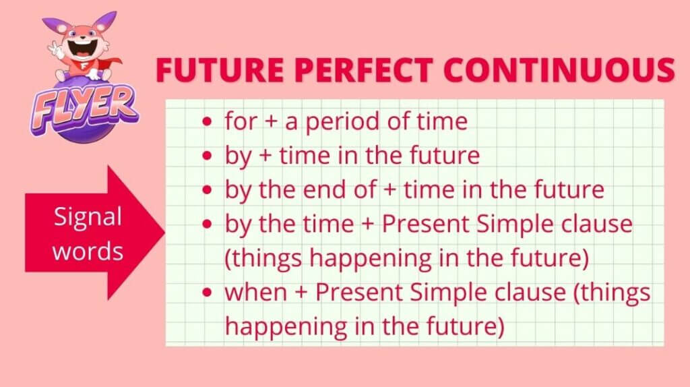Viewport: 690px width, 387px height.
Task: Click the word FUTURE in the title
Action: click(x=220, y=69)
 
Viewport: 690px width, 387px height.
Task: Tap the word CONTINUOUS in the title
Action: click(x=559, y=69)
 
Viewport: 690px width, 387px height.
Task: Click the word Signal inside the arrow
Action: click(x=88, y=218)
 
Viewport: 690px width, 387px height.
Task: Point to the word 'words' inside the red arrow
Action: click(x=88, y=251)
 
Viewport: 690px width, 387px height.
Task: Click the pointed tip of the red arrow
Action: click(x=164, y=233)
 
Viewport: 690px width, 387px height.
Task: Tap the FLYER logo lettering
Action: click(x=84, y=109)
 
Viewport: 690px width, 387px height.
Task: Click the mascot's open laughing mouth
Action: click(x=82, y=48)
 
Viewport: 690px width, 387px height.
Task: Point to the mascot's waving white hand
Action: click(x=56, y=49)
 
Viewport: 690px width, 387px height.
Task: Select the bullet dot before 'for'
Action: click(x=207, y=121)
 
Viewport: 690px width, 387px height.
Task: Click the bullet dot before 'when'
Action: click(x=207, y=293)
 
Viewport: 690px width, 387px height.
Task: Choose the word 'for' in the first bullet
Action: click(x=241, y=121)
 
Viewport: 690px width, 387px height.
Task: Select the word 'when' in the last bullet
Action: click(x=255, y=292)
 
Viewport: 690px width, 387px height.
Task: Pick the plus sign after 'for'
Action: click(x=271, y=122)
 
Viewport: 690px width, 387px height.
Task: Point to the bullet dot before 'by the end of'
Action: click(x=207, y=190)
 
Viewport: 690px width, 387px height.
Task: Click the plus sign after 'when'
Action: click(x=301, y=293)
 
